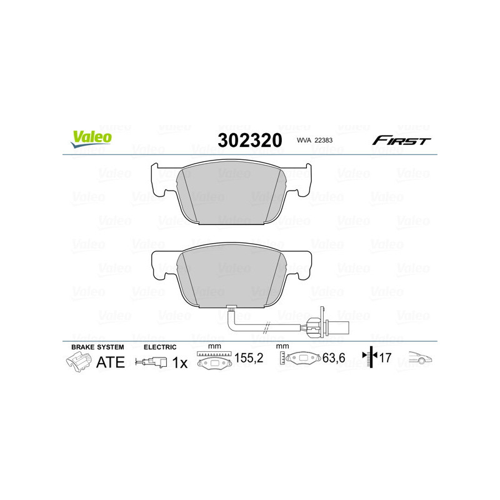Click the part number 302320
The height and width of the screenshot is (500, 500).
pyautogui.click(x=249, y=141)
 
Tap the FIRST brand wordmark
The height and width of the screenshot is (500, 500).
pyautogui.click(x=401, y=141)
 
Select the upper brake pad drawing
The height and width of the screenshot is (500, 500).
pyautogui.click(x=232, y=193)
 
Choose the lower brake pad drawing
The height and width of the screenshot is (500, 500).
pyautogui.click(x=232, y=275)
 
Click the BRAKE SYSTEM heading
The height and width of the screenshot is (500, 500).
pyautogui.click(x=97, y=346)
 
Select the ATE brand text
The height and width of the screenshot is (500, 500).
pyautogui.click(x=110, y=362)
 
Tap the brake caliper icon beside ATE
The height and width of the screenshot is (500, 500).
pyautogui.click(x=78, y=362)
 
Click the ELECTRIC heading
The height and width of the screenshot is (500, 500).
pyautogui.click(x=160, y=346)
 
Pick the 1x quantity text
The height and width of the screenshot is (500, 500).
pyautogui.click(x=179, y=362)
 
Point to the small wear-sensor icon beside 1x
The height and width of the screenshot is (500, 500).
pyautogui.click(x=152, y=362)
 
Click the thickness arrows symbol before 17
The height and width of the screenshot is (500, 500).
pyautogui.click(x=371, y=358)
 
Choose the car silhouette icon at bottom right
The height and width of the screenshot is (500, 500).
pyautogui.click(x=419, y=358)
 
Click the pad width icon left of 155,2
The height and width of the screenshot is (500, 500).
pyautogui.click(x=214, y=361)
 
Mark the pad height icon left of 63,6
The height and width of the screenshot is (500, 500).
pyautogui.click(x=301, y=361)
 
